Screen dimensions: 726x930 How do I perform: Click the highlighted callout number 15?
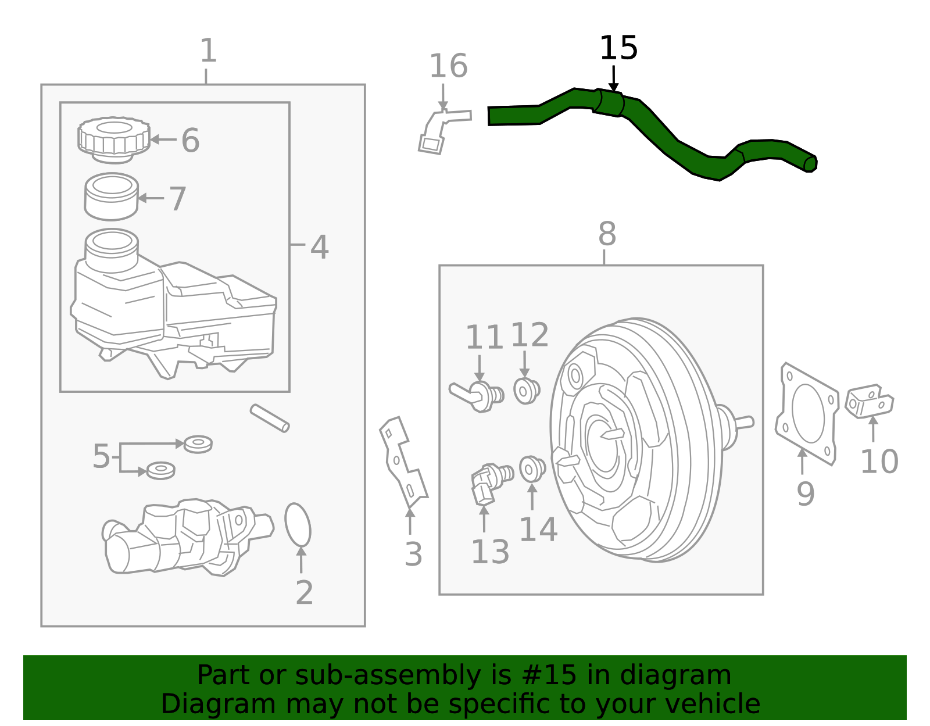pos(618,48)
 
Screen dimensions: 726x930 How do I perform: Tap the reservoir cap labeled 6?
pos(114,140)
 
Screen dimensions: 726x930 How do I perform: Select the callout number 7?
pos(178,199)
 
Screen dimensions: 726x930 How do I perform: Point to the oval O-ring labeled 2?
pos(298,525)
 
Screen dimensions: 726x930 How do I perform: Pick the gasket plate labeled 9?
pos(807,413)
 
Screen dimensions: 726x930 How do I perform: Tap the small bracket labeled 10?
pos(870,402)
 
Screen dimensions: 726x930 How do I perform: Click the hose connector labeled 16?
pos(439,130)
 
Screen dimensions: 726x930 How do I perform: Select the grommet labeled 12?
pos(527,391)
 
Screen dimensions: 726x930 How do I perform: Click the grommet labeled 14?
pos(532,468)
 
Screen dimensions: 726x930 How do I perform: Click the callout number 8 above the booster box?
pos(607,234)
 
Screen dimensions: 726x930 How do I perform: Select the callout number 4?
pos(319,248)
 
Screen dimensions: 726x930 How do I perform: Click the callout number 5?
pos(101,456)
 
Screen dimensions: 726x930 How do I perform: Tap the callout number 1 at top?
pos(208,51)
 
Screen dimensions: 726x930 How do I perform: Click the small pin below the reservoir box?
pos(270,419)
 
